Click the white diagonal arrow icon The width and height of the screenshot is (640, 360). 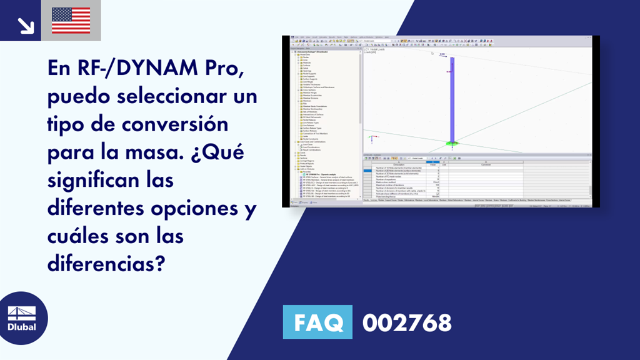(25, 24)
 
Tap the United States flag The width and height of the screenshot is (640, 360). (71, 21)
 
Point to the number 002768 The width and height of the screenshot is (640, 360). (407, 323)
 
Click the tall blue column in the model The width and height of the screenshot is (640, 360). (451, 100)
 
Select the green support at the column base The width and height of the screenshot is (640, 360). (451, 144)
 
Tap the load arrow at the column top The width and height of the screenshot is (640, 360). (443, 56)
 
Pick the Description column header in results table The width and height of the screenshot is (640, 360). (399, 164)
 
